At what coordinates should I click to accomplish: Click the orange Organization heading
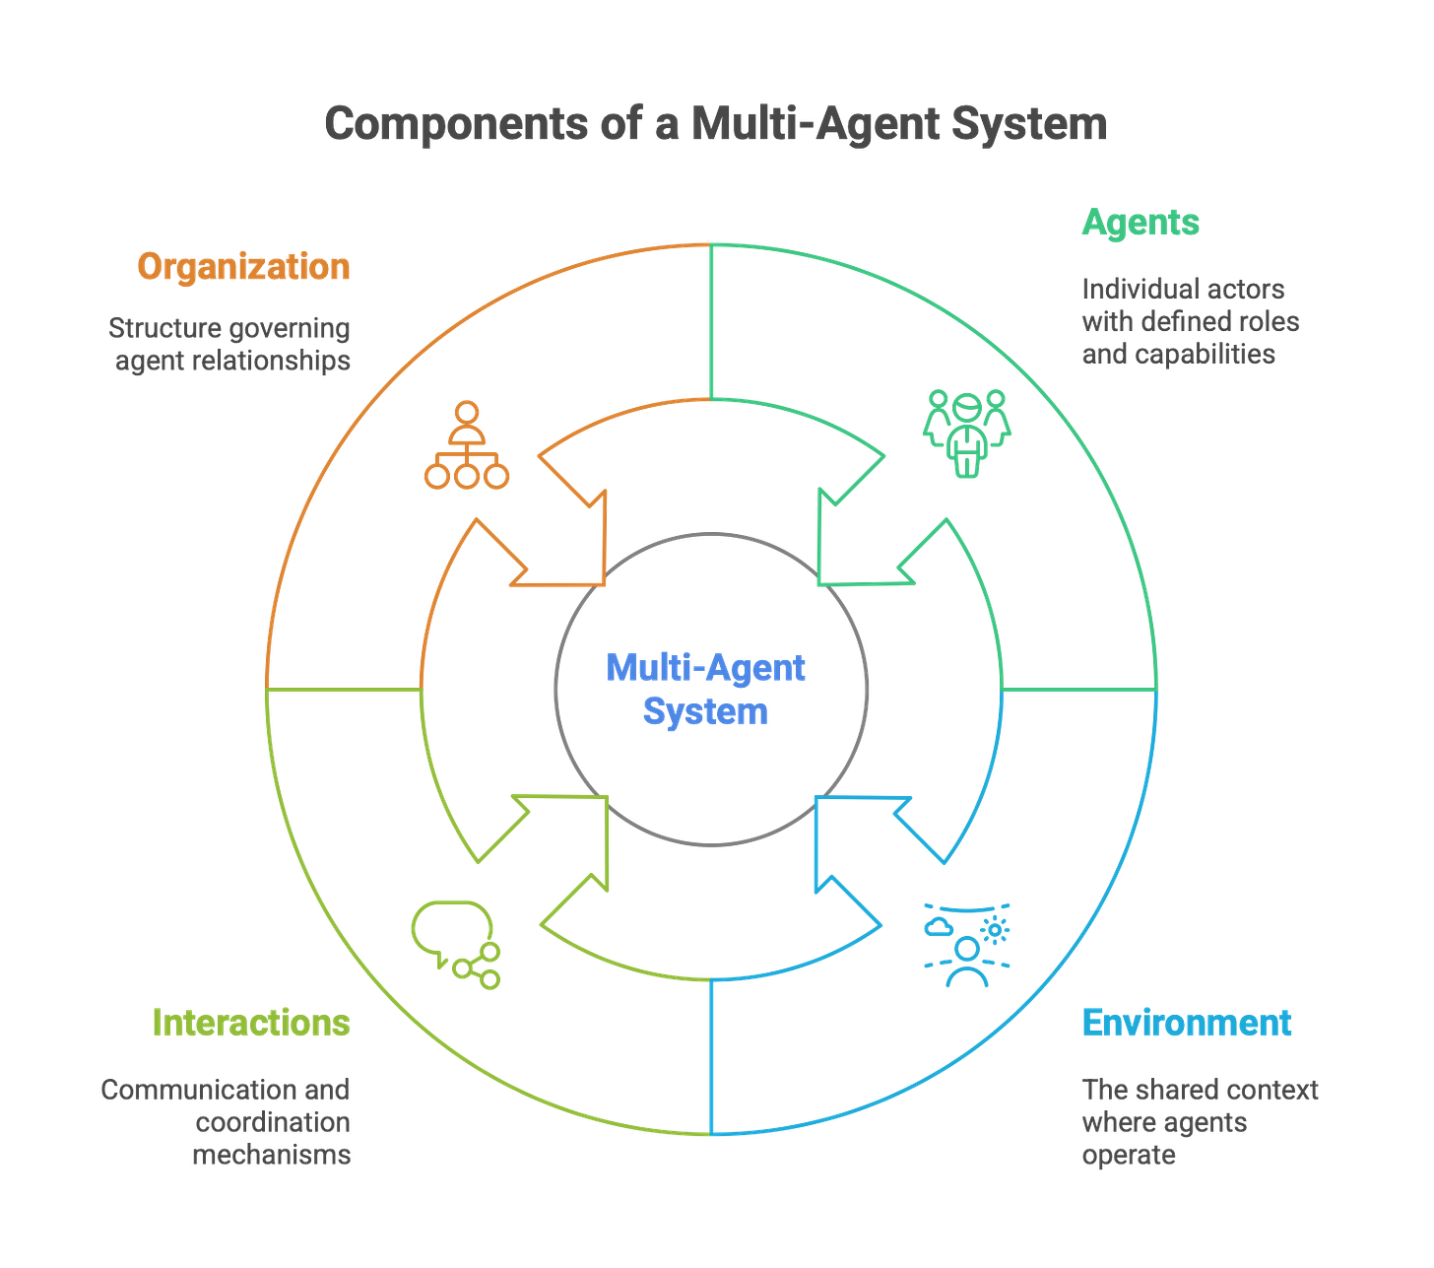pos(243,267)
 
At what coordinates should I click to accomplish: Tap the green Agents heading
pos(1140,222)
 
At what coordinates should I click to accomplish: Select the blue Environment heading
pos(1186,1023)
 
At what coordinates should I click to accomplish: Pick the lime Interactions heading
pos(251,1023)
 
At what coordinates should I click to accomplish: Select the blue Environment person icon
pos(967,944)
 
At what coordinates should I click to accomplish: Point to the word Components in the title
pos(457,124)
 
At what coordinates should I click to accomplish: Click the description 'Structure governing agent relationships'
pos(230,344)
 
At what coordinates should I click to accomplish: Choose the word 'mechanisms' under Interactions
pos(272,1155)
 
